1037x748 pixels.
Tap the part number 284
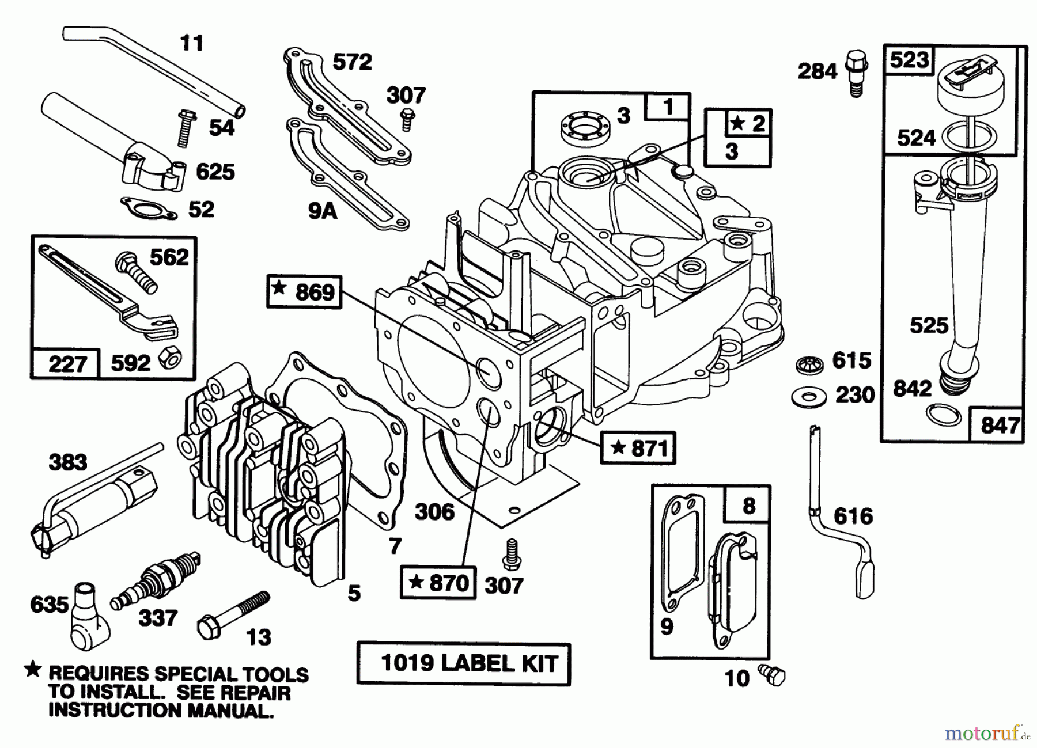coord(817,71)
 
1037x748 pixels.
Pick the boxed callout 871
coord(638,447)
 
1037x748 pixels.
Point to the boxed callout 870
coord(438,583)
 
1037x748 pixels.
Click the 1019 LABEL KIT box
coord(463,663)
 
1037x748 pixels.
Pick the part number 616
coord(853,516)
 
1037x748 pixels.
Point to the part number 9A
coord(322,211)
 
